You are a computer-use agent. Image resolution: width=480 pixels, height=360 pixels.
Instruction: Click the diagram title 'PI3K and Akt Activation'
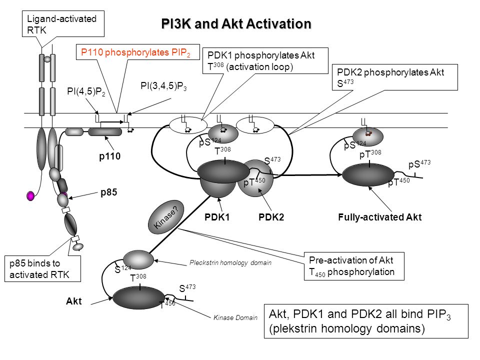(x=236, y=24)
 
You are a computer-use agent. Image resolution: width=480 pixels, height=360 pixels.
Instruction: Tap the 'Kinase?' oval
(x=165, y=217)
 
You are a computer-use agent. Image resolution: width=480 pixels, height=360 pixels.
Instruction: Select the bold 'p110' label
(x=110, y=156)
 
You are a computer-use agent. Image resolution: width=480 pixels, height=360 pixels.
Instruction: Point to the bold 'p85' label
(x=109, y=192)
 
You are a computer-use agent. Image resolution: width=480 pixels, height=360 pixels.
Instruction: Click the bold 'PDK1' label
(x=217, y=217)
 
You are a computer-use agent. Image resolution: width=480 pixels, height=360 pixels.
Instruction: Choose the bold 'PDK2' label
(x=271, y=217)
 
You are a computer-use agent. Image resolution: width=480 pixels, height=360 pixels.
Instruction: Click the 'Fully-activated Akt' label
(x=379, y=217)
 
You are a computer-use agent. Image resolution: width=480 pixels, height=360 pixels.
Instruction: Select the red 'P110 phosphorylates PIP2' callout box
(x=138, y=52)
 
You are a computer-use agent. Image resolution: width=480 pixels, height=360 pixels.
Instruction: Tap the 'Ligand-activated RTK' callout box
(x=63, y=24)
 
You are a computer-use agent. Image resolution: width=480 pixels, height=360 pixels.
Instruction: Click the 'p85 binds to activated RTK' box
(x=43, y=268)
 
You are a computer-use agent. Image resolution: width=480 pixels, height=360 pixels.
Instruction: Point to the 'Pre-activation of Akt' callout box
(x=354, y=266)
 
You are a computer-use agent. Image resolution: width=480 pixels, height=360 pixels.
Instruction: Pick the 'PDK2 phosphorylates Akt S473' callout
(x=395, y=77)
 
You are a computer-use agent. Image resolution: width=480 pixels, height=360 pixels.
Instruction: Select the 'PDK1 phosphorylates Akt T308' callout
(x=265, y=60)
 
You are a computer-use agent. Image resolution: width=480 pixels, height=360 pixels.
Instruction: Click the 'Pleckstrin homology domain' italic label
(x=230, y=262)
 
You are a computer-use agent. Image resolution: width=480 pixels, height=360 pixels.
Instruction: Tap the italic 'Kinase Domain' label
(x=235, y=318)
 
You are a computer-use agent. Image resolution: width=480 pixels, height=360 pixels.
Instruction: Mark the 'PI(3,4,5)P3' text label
(x=163, y=86)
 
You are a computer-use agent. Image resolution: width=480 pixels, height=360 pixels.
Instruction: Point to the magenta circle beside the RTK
(x=30, y=195)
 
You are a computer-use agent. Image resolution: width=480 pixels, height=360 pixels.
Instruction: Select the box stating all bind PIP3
(x=366, y=321)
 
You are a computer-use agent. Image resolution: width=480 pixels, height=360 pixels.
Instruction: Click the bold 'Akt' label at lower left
(x=74, y=301)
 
